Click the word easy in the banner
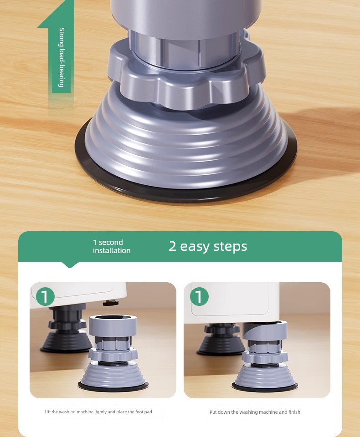click(194, 246)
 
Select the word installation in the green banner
click(112, 250)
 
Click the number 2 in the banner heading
click(172, 246)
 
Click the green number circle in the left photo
click(45, 296)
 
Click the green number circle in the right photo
click(199, 296)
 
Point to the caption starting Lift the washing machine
click(98, 412)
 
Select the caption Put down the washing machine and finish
click(255, 412)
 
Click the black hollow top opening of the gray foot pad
click(113, 318)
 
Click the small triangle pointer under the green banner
click(70, 265)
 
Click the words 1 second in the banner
click(108, 242)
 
